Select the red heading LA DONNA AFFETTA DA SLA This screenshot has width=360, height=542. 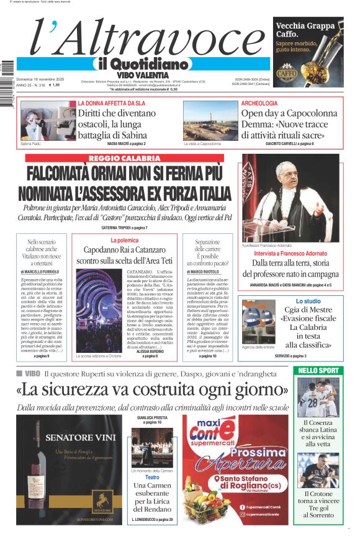point(112,103)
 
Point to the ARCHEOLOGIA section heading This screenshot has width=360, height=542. point(259,103)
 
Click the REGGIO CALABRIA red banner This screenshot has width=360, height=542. point(124,159)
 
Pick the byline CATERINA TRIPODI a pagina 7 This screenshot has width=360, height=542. point(124,228)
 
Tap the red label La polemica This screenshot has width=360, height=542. point(124,240)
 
